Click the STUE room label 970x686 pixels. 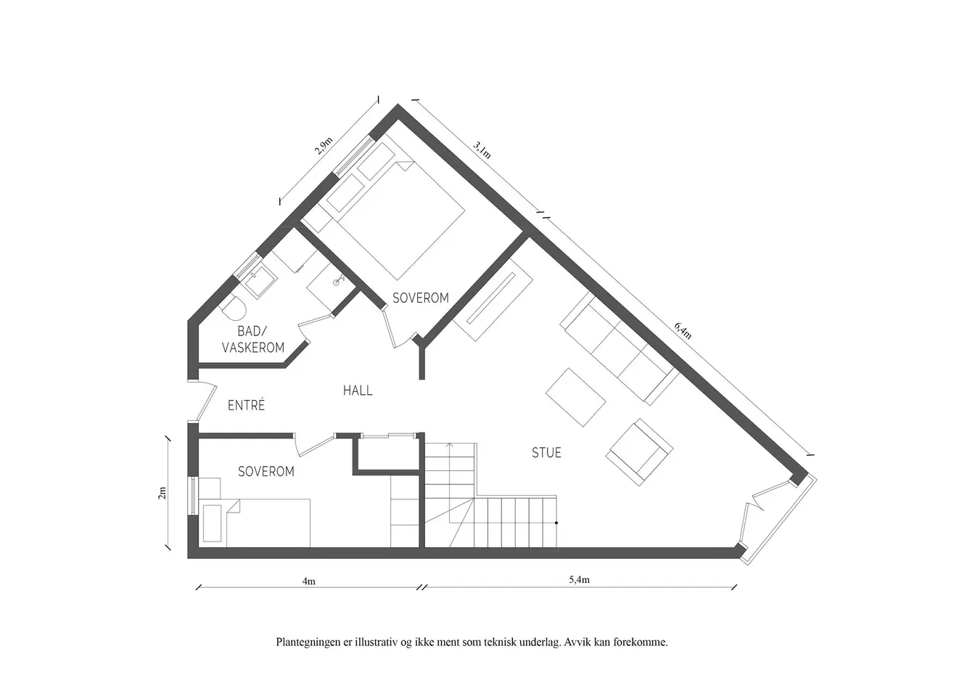click(546, 453)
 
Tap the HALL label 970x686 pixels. click(358, 391)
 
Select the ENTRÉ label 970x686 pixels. click(246, 405)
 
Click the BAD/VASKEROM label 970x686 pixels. click(253, 339)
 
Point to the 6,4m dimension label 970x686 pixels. click(683, 330)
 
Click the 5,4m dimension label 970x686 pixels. click(579, 579)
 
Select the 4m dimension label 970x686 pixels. click(309, 581)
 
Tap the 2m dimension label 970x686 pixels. click(162, 493)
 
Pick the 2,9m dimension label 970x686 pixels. click(324, 146)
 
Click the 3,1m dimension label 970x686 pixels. click(482, 150)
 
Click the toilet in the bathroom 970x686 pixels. click(234, 307)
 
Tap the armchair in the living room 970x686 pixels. click(639, 452)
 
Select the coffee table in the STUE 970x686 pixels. click(575, 397)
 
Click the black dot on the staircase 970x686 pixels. click(556, 523)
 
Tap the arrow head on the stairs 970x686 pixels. click(450, 445)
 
